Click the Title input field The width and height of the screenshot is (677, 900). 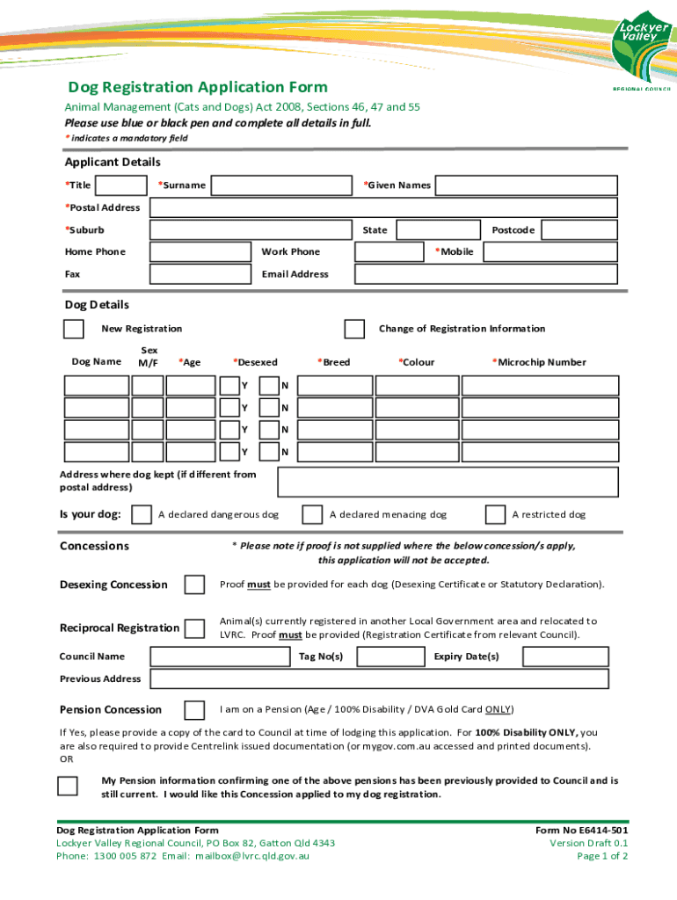[x=120, y=185]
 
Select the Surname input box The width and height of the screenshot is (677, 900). [x=283, y=185]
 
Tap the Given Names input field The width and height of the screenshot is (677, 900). [x=527, y=185]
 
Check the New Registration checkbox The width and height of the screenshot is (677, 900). [x=74, y=329]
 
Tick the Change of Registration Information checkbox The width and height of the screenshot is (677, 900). [x=354, y=329]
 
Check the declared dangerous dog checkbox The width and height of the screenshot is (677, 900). [x=141, y=514]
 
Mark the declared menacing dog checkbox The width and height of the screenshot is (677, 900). [x=312, y=514]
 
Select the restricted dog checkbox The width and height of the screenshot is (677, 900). [x=496, y=514]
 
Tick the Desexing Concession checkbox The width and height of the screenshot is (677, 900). [x=194, y=585]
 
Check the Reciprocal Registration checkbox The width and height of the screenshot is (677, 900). [x=194, y=628]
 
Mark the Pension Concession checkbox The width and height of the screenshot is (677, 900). [x=194, y=710]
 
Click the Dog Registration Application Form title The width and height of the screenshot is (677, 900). [x=199, y=87]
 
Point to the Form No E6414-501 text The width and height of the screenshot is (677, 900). [x=582, y=831]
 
